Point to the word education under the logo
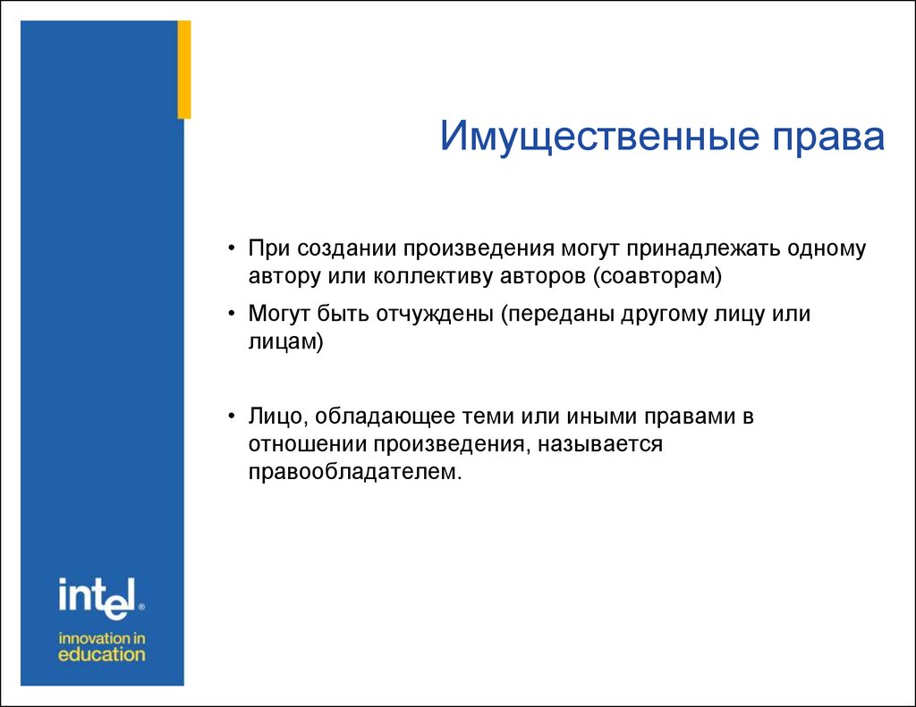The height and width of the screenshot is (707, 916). [102, 654]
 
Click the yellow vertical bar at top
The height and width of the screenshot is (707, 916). [184, 70]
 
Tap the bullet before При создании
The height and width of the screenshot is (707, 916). [232, 248]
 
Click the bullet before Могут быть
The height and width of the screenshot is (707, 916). [232, 314]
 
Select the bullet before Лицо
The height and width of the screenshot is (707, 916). [232, 417]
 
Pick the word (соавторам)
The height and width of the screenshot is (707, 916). [657, 276]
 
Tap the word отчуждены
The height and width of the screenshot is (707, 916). [435, 315]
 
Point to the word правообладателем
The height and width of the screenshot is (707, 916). [355, 472]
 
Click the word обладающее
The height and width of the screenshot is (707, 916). [385, 417]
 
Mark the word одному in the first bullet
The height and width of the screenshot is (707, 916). [827, 249]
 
